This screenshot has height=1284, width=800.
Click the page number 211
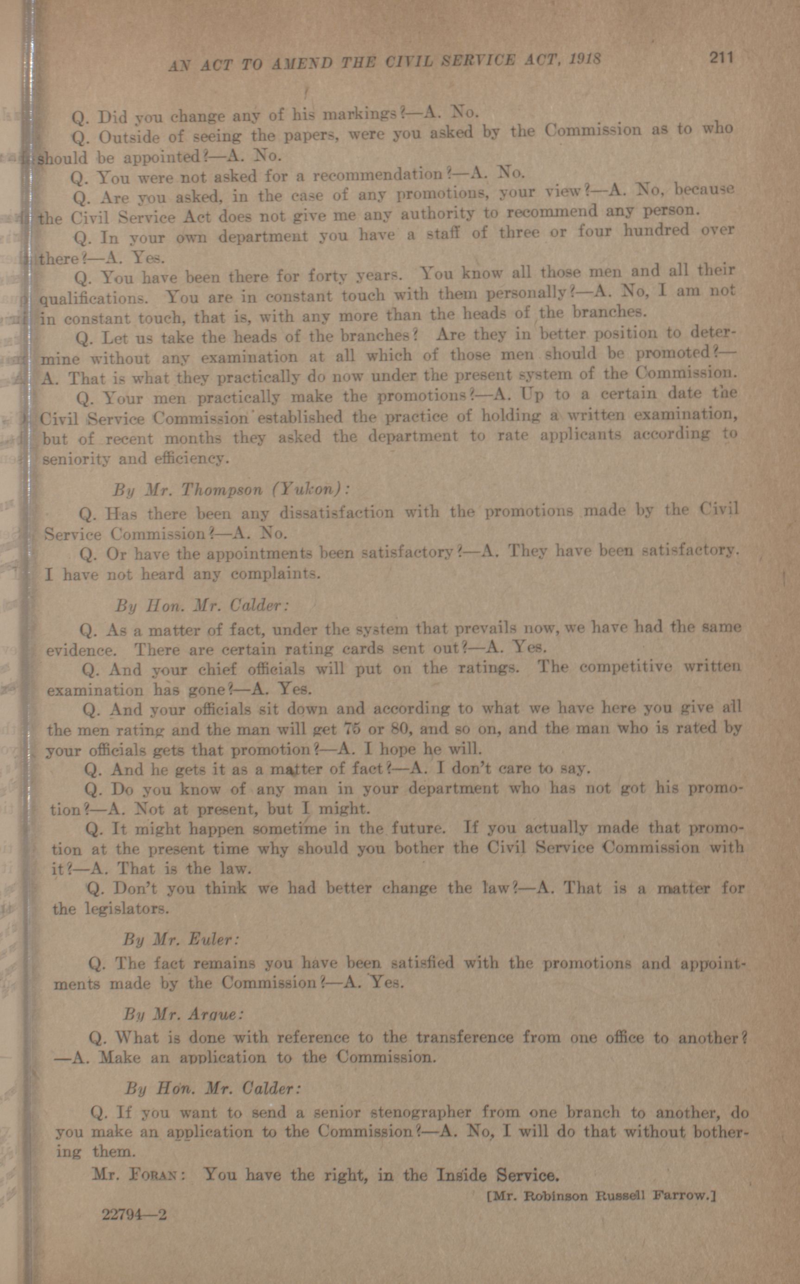tap(721, 57)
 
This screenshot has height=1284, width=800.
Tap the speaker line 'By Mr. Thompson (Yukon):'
tap(231, 489)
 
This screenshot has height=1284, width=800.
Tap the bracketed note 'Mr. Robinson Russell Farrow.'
tap(600, 1195)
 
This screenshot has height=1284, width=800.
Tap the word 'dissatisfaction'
tap(336, 513)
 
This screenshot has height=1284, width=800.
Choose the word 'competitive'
tap(626, 667)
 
